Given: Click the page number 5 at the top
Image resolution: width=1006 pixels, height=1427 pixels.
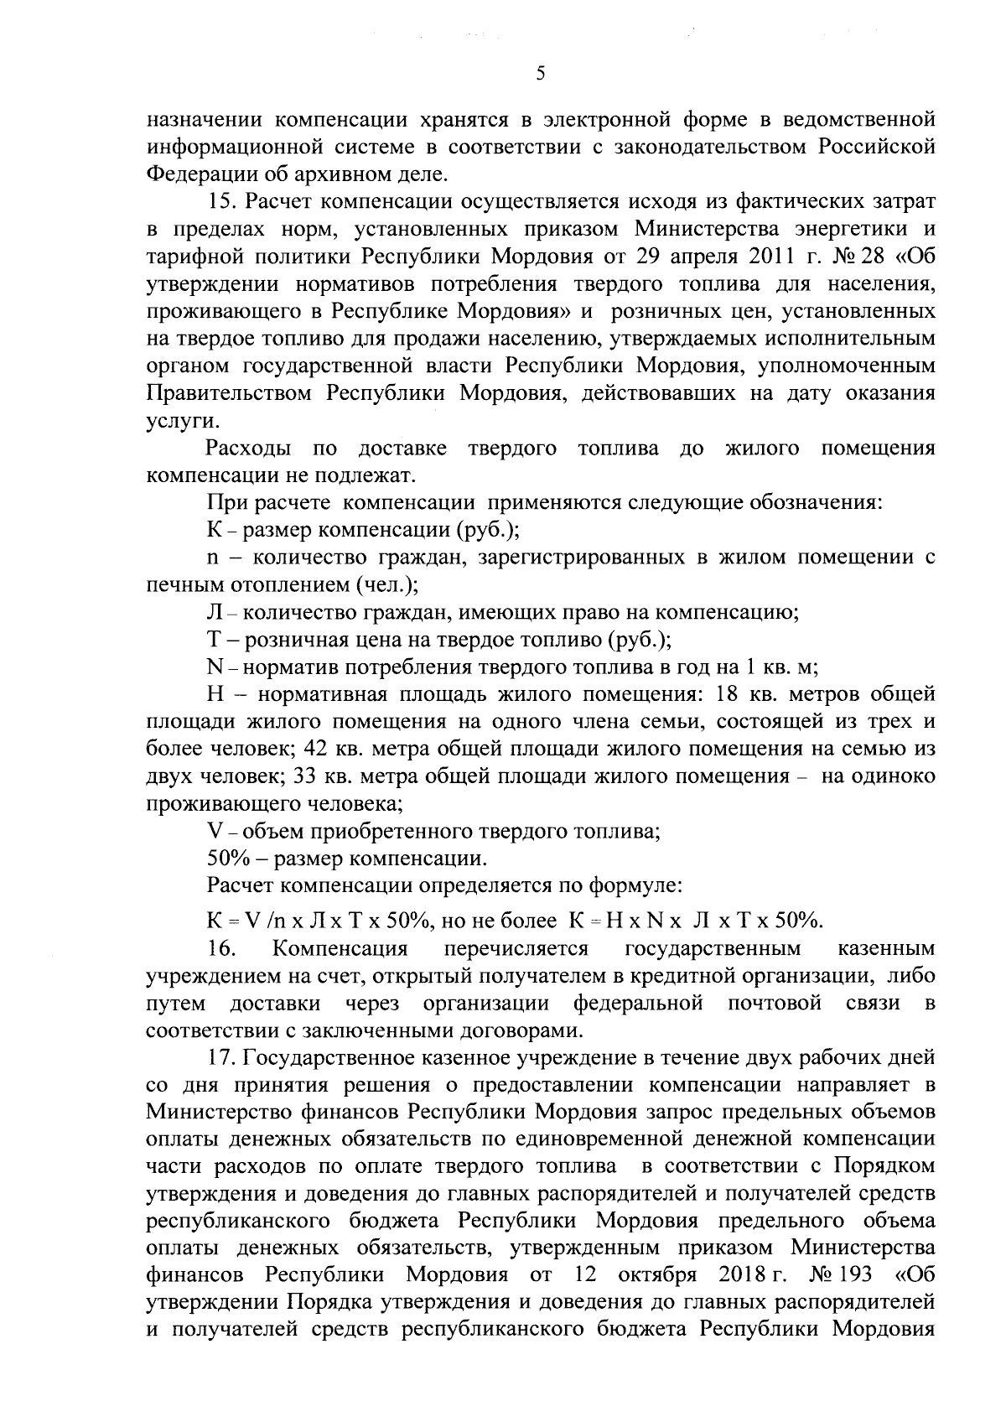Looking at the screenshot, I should [541, 75].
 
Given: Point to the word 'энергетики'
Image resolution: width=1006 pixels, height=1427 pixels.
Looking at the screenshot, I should [853, 230].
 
